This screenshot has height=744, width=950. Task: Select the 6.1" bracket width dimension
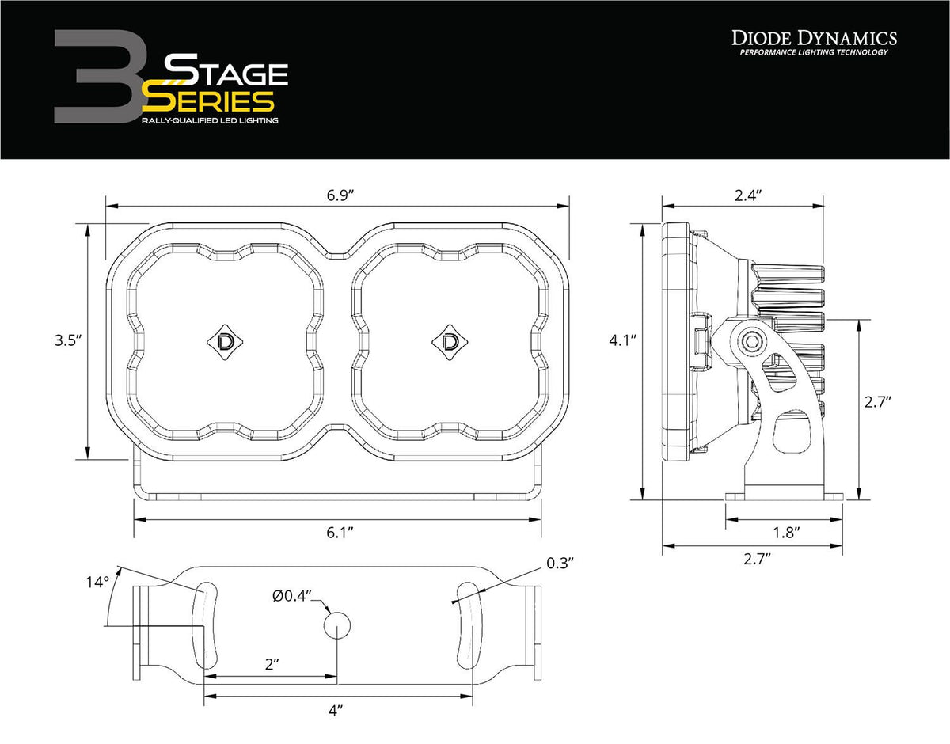pos(339,533)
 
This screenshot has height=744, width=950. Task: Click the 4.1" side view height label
pos(623,340)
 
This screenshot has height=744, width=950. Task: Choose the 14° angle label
pos(97,583)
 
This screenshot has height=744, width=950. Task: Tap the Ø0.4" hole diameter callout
pos(293,595)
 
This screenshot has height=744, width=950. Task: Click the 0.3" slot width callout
pos(559,564)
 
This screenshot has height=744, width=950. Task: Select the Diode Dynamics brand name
pos(813,37)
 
